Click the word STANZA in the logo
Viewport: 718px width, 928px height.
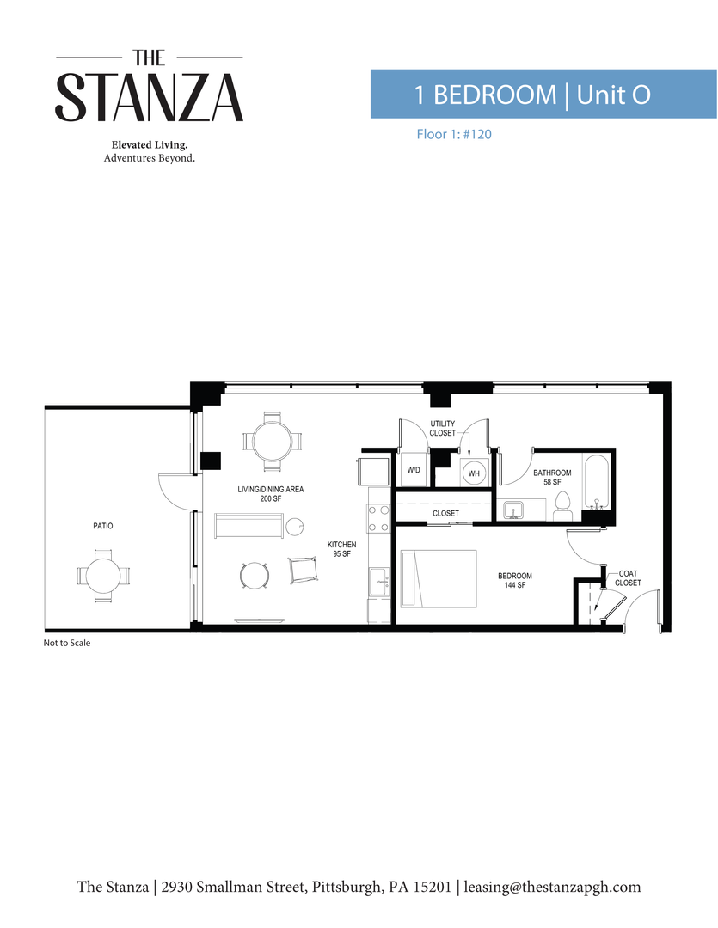point(150,97)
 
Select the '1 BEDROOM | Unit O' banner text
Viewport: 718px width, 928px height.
point(532,95)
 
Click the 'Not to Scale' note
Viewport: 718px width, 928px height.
point(67,643)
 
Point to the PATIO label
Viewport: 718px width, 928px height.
point(103,526)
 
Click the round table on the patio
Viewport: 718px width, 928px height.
point(102,576)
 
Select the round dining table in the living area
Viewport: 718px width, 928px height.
point(272,441)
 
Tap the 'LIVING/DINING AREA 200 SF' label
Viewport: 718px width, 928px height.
point(271,493)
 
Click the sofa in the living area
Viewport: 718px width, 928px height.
point(249,526)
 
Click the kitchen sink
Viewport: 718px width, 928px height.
point(379,582)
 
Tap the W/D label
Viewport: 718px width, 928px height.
point(413,471)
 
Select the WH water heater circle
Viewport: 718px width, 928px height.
point(474,472)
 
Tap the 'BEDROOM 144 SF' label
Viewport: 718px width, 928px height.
point(515,580)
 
